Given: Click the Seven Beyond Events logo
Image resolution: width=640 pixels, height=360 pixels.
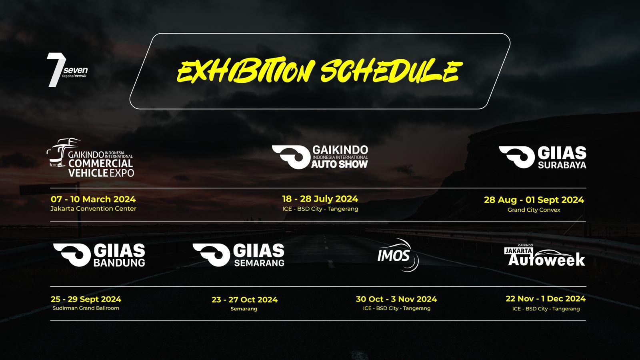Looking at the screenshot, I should [x=67, y=70].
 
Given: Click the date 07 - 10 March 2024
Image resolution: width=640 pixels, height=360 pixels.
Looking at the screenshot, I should [x=93, y=199].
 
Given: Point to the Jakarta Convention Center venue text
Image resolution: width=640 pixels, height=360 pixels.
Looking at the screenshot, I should [x=93, y=209].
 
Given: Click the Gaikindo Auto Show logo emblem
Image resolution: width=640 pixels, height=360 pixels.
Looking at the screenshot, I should [x=291, y=156].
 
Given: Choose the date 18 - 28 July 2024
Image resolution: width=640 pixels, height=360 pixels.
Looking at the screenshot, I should [x=320, y=199].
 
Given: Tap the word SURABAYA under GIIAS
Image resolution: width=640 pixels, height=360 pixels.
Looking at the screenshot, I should [x=562, y=165].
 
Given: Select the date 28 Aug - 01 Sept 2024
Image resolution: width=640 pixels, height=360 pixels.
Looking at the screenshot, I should [x=534, y=200].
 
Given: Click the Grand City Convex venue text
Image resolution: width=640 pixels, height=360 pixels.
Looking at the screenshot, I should [x=534, y=210].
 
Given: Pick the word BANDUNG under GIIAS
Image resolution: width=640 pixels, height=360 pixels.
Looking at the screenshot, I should [x=119, y=263].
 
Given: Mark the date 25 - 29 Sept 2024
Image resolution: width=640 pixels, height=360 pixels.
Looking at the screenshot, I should [x=86, y=299].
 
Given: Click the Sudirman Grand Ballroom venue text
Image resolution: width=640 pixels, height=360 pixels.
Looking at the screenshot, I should [x=86, y=308].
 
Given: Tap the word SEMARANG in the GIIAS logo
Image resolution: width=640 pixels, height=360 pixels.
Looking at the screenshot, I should [x=259, y=263].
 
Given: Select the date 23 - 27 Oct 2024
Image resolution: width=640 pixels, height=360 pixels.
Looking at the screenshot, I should [x=244, y=300].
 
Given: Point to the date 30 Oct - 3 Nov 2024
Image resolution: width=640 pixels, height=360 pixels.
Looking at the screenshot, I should [x=396, y=299].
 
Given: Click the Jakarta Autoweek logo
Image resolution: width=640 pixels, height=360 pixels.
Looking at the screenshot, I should [x=544, y=256].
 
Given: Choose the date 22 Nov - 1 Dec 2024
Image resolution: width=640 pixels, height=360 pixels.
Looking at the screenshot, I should [x=546, y=299].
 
